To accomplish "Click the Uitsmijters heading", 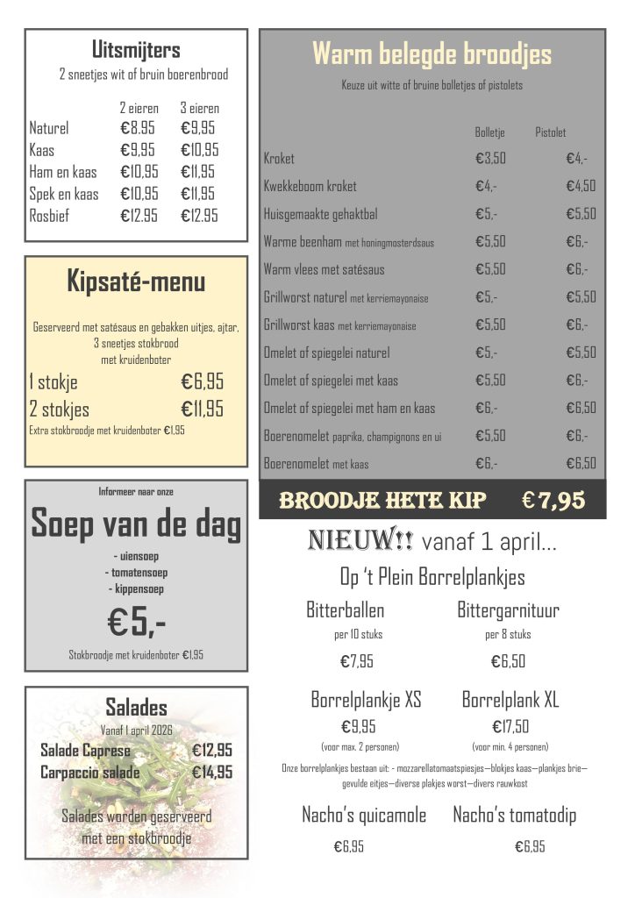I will (136, 49).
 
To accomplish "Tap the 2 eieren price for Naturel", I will (139, 128).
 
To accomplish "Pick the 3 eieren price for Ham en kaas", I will (199, 172).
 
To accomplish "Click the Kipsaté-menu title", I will (136, 282).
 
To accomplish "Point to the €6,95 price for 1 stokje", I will (202, 381).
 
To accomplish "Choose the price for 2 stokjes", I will (202, 409).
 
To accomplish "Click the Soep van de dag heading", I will (136, 524).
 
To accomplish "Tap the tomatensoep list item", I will (136, 572).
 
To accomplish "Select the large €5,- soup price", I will (136, 622).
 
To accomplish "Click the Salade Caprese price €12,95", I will (212, 751).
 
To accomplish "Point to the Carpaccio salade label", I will (89, 773).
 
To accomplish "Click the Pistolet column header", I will (550, 132).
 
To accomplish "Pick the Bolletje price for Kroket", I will (490, 159).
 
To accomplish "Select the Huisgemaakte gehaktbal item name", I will (319, 214).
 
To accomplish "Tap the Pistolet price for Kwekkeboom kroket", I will (581, 186).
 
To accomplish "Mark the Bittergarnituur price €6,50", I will (508, 661).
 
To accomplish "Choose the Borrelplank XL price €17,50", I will (510, 726).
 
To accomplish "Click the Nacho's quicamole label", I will (364, 816).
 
